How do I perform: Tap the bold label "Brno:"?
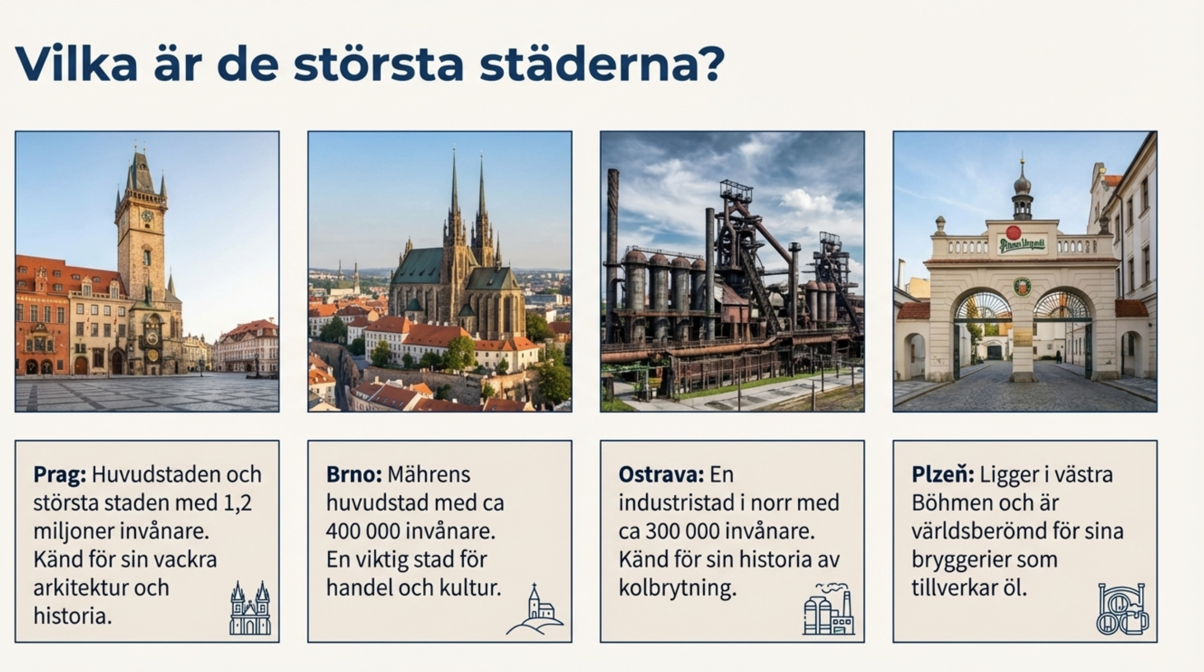click(354, 475)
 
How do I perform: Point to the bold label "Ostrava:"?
click(661, 475)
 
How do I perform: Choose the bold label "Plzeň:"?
click(943, 474)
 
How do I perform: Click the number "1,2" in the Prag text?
click(238, 503)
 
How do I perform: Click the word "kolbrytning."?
click(678, 588)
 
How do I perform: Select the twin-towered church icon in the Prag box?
click(250, 608)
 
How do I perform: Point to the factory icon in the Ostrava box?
click(829, 609)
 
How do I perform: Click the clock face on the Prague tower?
click(146, 217)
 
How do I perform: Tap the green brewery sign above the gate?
click(1022, 244)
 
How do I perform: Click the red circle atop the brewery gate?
click(1013, 232)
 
